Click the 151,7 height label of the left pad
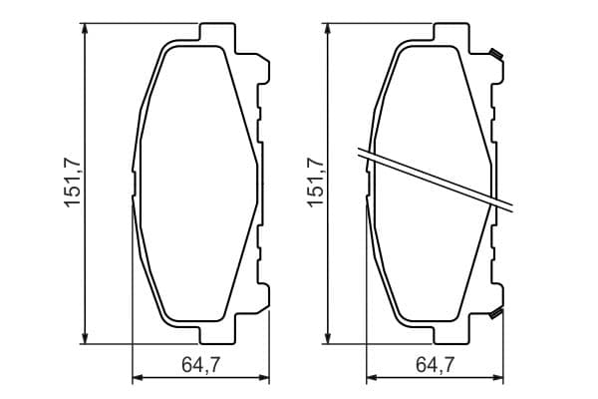(x=73, y=183)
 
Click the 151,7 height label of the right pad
(x=316, y=183)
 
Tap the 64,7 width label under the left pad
(x=201, y=365)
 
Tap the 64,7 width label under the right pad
(x=436, y=365)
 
